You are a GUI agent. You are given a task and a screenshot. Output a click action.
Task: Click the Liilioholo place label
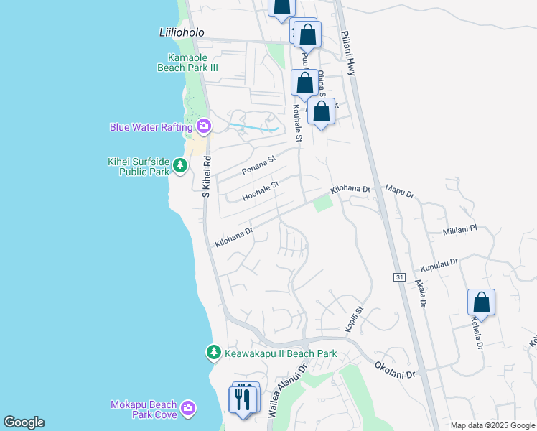(182, 33)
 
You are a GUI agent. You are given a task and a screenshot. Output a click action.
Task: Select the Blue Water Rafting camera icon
(204, 127)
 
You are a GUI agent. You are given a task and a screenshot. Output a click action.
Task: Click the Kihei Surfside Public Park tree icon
(180, 167)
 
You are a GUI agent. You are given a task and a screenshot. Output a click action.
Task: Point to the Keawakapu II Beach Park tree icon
(213, 353)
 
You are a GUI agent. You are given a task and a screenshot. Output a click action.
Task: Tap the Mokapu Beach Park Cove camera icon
(188, 409)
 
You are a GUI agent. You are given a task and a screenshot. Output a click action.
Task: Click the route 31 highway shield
(400, 277)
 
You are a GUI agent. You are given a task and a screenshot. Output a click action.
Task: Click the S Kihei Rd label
(206, 177)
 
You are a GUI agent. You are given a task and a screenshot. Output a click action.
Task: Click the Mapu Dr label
(400, 194)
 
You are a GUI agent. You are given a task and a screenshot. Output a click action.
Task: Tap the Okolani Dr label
(395, 370)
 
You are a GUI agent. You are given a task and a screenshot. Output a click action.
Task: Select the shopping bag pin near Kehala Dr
(481, 302)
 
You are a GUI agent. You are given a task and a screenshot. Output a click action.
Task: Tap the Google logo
(24, 422)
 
